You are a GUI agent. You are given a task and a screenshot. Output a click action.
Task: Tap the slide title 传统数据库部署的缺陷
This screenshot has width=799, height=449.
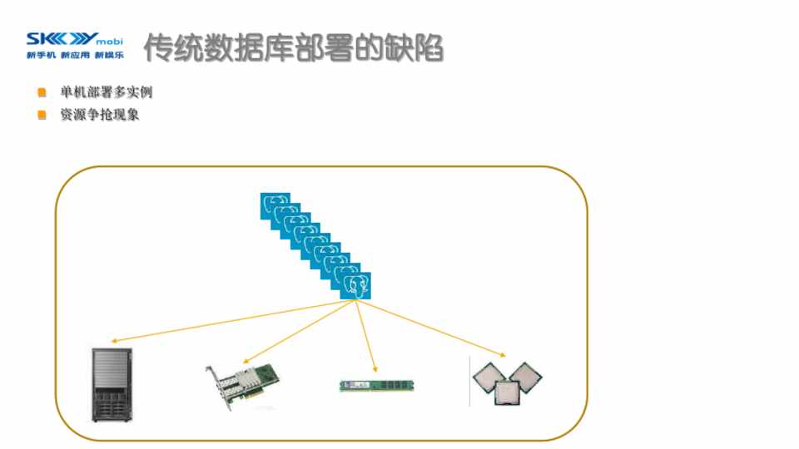[x=293, y=48]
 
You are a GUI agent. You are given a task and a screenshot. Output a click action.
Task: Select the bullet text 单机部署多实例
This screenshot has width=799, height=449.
[x=106, y=92]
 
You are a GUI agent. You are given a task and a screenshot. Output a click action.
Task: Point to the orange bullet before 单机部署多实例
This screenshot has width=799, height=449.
[x=42, y=92]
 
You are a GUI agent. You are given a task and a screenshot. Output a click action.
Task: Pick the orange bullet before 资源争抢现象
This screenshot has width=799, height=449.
[x=42, y=115]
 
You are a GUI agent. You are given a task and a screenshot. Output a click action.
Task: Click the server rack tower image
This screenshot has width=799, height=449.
[x=111, y=385]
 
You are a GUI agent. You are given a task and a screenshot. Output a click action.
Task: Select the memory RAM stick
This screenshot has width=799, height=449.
[x=376, y=385]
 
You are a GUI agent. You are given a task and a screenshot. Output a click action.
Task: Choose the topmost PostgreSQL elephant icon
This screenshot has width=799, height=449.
[x=275, y=205]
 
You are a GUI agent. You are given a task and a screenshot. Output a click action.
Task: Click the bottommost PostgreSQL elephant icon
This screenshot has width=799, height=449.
[x=356, y=286]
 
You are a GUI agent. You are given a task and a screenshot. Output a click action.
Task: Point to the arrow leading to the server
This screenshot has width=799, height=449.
[x=233, y=322]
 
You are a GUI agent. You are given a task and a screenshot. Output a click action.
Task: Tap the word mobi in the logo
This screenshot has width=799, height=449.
[x=111, y=40]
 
